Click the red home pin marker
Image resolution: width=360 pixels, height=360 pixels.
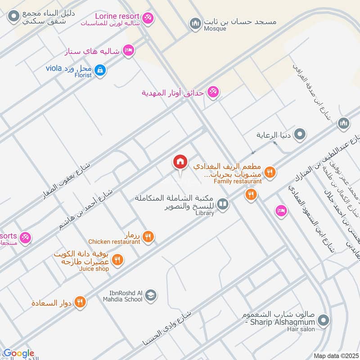coord(180,162)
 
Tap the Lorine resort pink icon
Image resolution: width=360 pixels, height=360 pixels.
coord(148,18)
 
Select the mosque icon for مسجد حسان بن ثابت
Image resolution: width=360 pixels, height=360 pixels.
coord(195,22)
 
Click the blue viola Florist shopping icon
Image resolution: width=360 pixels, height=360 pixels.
coord(101,69)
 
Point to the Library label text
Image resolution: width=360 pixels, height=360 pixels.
coord(205,213)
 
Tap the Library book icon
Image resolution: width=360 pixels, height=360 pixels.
coord(222,205)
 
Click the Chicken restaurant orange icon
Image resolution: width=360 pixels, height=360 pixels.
coord(148,236)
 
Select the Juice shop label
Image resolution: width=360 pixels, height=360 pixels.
coord(94,269)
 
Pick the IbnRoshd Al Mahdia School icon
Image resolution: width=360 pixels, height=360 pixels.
coord(151,295)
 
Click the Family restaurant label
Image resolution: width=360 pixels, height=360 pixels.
coord(238,181)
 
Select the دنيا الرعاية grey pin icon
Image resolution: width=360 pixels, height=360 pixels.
coord(300,134)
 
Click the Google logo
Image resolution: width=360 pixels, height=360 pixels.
coord(19,353)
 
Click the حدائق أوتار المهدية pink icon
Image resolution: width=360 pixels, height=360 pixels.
coord(213,92)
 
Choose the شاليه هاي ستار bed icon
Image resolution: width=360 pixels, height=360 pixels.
coord(128,50)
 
